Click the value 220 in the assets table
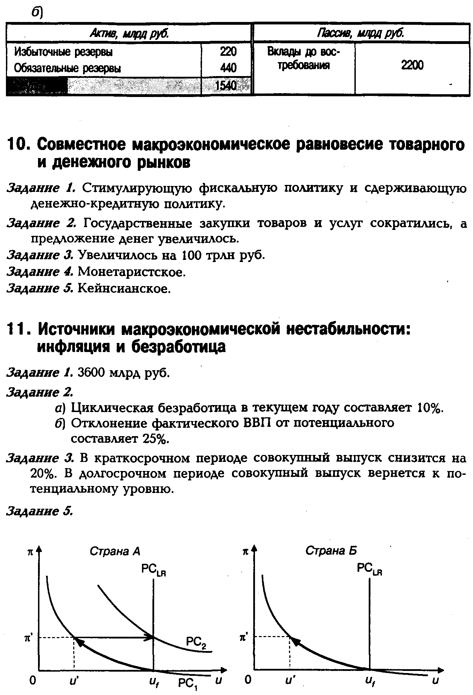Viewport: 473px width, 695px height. click(228, 52)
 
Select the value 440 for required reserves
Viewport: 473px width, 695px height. click(228, 68)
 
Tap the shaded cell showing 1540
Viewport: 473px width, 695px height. click(226, 85)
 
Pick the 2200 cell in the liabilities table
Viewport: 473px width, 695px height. click(412, 65)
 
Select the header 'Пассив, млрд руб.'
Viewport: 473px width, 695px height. click(361, 33)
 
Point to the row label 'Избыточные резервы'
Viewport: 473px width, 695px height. click(63, 52)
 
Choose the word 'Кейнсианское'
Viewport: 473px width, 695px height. click(124, 288)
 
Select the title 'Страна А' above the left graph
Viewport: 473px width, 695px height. click(115, 551)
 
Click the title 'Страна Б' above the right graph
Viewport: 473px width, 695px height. click(331, 551)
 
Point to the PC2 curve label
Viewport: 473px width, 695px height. click(196, 642)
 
